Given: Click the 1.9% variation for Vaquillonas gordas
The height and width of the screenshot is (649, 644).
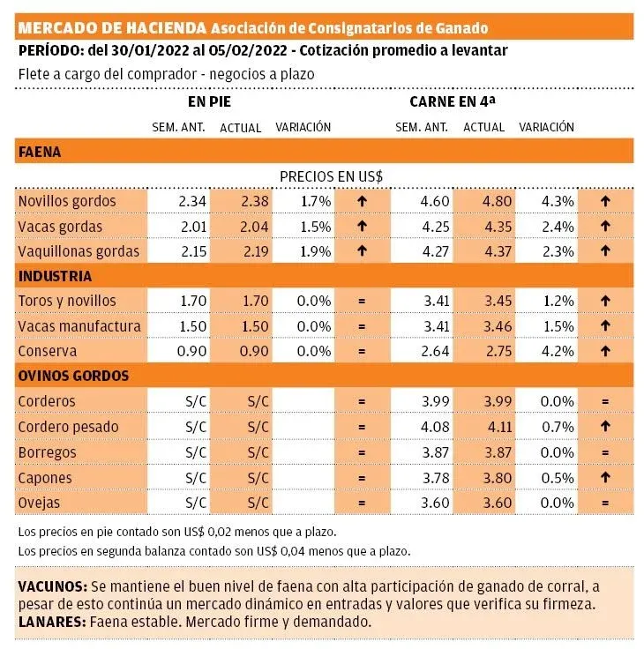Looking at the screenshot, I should [x=315, y=251].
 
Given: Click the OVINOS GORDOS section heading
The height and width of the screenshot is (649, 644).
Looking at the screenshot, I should [x=73, y=376].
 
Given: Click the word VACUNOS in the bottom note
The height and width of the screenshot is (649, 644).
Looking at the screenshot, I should [x=52, y=587].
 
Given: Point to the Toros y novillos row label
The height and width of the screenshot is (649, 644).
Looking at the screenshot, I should [x=67, y=302].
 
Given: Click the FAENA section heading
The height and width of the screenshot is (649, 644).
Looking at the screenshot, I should [x=40, y=152].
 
